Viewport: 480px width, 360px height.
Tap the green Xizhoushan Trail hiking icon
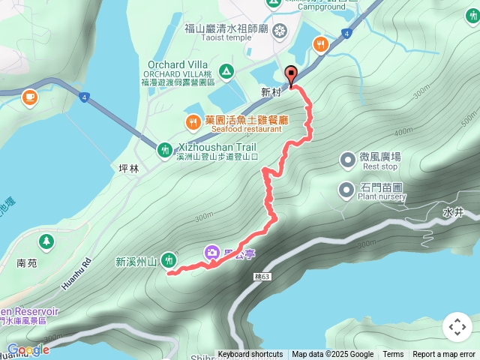click(x=164, y=150)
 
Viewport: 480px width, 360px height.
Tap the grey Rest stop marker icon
click(x=347, y=160)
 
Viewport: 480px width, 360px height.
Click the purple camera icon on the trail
click(x=212, y=253)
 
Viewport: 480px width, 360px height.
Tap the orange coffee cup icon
click(x=29, y=96)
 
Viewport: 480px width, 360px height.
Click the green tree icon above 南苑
click(x=47, y=241)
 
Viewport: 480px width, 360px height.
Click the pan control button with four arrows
click(x=457, y=327)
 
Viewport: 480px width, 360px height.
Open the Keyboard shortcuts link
click(x=250, y=355)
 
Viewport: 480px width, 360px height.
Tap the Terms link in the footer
click(x=393, y=355)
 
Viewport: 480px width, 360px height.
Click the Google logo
click(x=28, y=349)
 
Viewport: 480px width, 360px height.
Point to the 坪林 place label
click(x=130, y=169)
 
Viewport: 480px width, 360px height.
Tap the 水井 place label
click(x=454, y=212)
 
